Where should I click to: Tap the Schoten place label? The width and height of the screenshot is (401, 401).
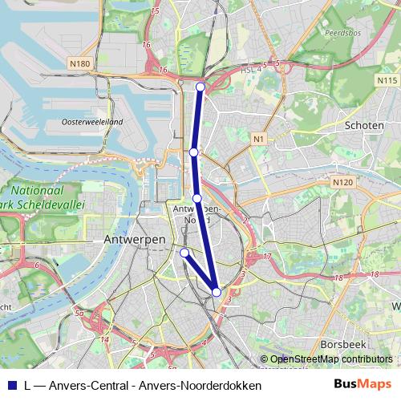click(x=364, y=126)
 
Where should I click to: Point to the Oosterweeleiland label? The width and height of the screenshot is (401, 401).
click(x=92, y=122)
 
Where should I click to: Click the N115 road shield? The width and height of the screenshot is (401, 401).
click(x=387, y=81)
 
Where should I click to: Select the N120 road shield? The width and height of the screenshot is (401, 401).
click(x=342, y=183)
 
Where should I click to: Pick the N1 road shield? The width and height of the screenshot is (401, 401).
click(x=257, y=140)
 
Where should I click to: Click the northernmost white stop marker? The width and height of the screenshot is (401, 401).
click(x=200, y=87)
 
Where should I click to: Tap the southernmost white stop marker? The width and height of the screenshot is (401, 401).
click(x=217, y=292)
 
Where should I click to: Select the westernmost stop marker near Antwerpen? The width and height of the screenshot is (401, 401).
click(x=184, y=253)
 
